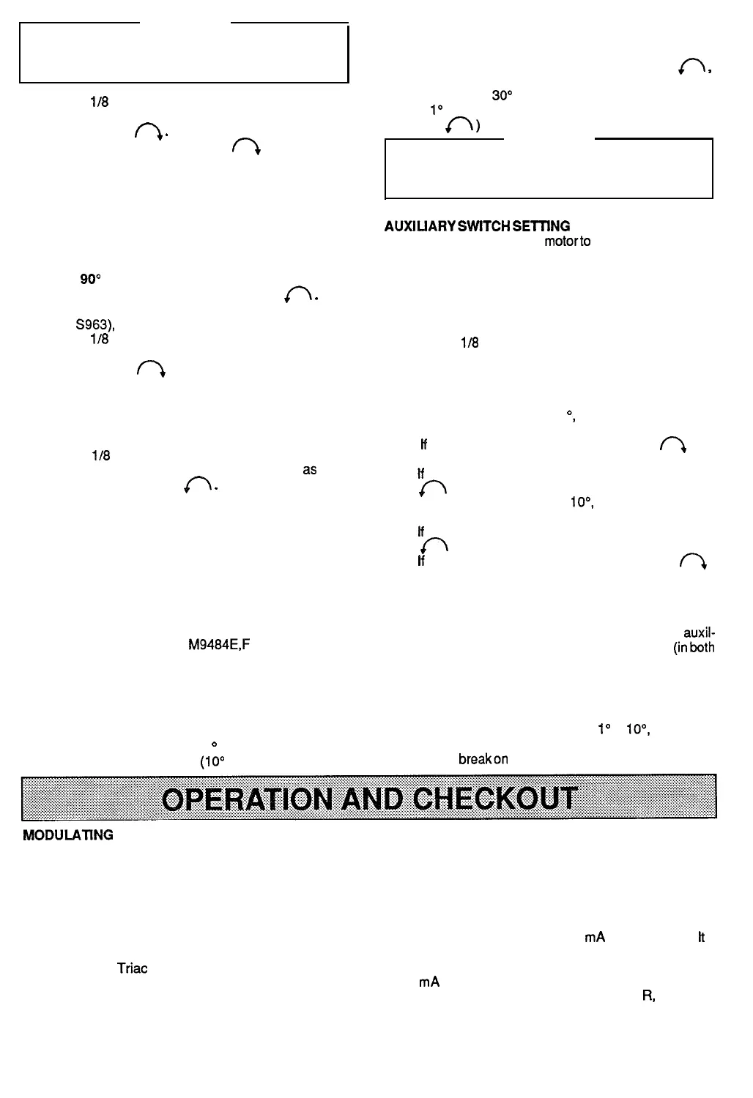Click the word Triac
click(x=133, y=968)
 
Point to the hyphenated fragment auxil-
click(x=699, y=633)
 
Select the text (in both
click(x=694, y=647)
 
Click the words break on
click(x=483, y=759)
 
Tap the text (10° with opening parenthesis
click(x=212, y=760)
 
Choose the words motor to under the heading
click(x=568, y=241)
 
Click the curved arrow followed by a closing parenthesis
click(x=463, y=126)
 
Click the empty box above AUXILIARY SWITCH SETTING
click(x=549, y=168)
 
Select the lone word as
click(x=309, y=469)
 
